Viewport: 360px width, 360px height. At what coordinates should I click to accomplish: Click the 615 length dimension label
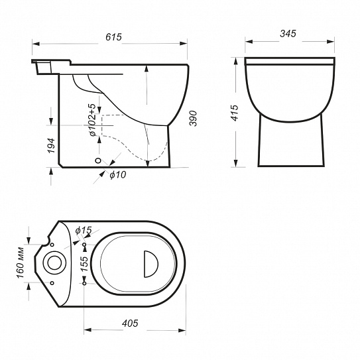113,37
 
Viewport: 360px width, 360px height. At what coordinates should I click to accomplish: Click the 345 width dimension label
288,34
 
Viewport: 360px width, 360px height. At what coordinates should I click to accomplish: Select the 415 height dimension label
235,113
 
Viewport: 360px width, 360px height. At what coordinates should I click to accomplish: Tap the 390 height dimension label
193,118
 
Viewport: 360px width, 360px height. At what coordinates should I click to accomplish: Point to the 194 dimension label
51,146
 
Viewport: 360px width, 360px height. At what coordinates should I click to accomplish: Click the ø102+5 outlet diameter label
92,119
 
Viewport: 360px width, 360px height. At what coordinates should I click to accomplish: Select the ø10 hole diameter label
118,175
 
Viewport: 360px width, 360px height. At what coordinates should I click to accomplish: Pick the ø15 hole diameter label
84,230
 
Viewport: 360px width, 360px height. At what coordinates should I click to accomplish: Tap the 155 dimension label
84,264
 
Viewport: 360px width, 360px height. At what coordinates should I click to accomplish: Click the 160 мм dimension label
20,263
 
